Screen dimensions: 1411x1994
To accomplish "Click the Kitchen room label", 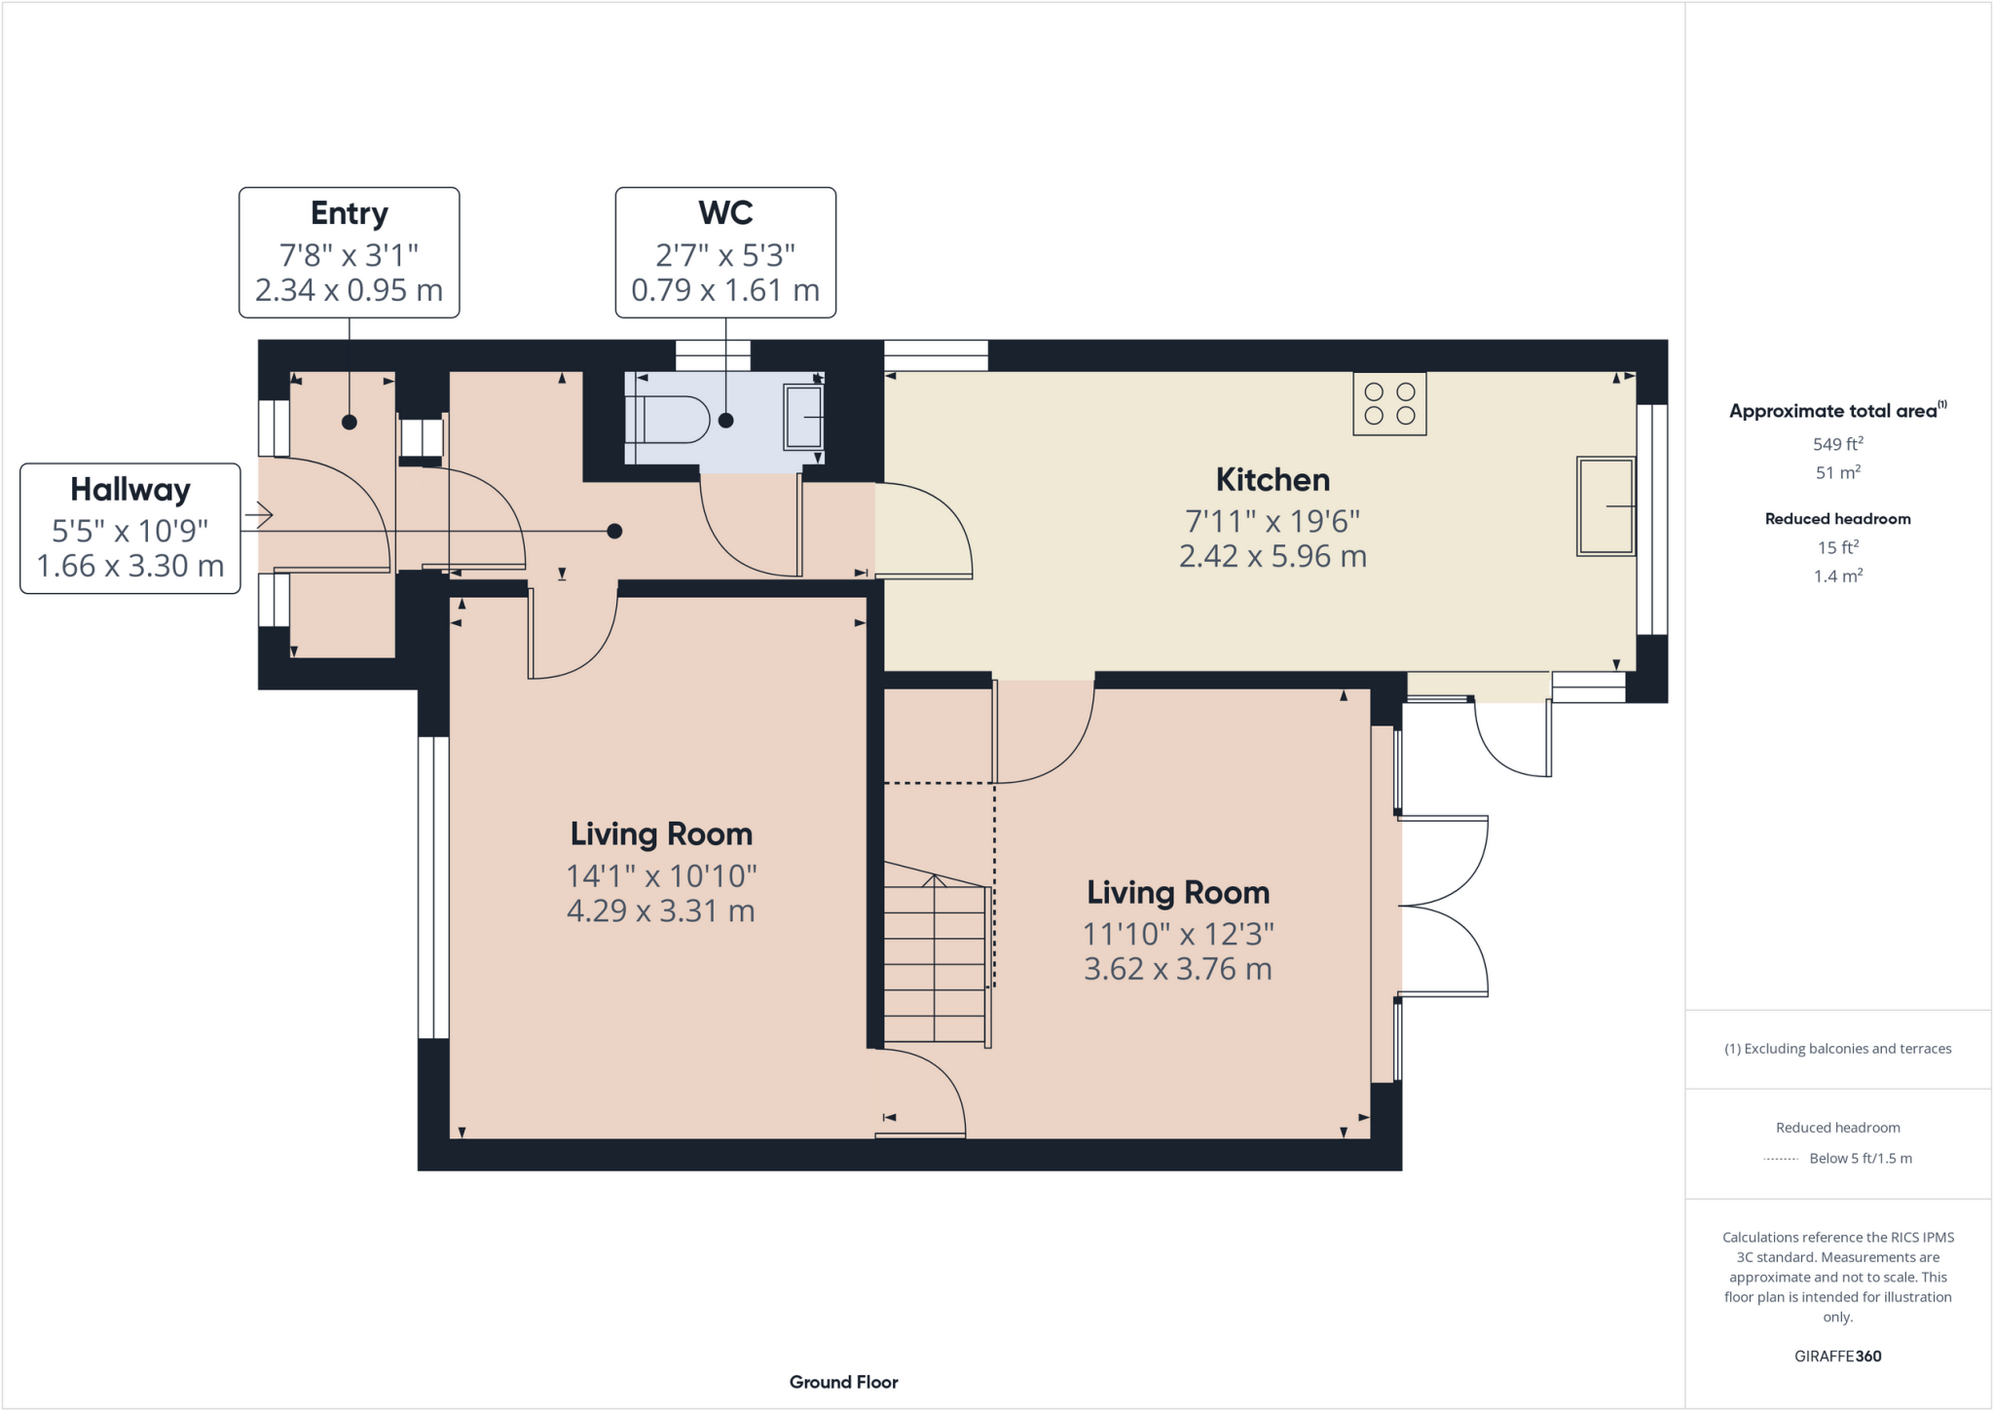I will coord(1272,480).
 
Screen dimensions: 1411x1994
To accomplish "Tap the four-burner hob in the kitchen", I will coord(1389,403).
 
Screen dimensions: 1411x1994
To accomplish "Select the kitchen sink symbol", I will coord(1606,506).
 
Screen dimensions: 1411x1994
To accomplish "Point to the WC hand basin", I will coord(803,417).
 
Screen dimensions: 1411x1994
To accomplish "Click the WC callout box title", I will coord(725,213).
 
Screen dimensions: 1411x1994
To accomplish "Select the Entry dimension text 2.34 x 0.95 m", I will coord(349,290).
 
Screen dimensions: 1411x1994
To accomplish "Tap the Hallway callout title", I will coord(130,490).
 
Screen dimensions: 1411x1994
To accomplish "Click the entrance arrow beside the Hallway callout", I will coord(259,514).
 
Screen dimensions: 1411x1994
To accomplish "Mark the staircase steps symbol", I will coord(936,960).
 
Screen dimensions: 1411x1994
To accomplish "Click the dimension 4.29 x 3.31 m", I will coord(660,911).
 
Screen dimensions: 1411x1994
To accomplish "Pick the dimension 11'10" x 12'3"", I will coord(1178,934).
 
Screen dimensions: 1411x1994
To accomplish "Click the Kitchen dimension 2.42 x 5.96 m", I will coord(1272,557).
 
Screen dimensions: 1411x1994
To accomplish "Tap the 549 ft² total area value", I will coord(1837,444).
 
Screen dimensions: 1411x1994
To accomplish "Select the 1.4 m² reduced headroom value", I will coord(1837,576).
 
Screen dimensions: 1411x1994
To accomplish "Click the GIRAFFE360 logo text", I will coord(1837,1355).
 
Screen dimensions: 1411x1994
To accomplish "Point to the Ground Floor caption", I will coord(843,1382).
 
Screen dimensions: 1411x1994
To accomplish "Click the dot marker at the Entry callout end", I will coord(350,423).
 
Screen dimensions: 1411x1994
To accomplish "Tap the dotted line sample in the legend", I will coord(1781,1159).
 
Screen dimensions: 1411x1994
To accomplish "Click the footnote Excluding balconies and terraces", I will coord(1837,1049).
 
